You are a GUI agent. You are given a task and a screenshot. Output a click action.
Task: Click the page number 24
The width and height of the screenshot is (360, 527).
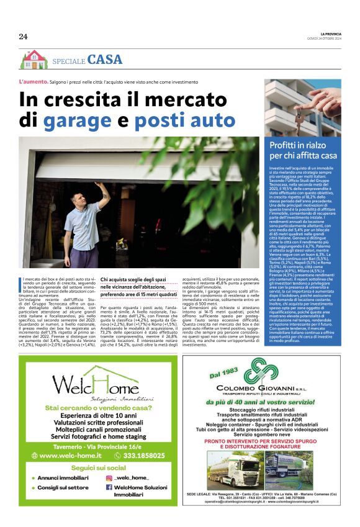point(23,36)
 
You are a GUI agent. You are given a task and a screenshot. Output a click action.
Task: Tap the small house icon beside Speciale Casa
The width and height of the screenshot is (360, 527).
point(34,60)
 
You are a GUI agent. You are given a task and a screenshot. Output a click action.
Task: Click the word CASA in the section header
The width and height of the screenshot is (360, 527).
point(105,60)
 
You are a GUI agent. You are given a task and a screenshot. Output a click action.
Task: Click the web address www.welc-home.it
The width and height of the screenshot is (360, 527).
point(67,456)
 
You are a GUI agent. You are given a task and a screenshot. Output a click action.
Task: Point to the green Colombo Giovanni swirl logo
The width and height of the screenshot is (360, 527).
point(260,371)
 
